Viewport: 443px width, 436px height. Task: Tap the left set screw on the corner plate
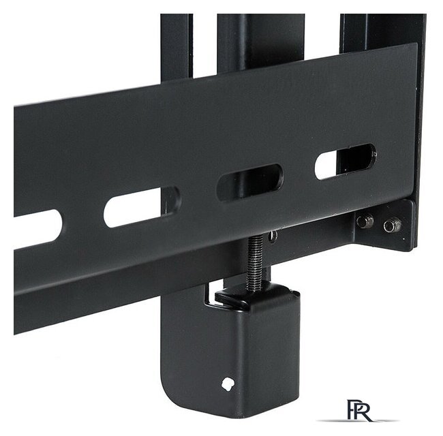(x=365, y=221)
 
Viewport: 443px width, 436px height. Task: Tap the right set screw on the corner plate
(x=393, y=225)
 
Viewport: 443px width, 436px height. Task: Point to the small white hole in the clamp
(x=228, y=384)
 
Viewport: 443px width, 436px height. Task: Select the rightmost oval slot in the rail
(x=346, y=162)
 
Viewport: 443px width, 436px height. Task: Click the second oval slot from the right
(x=250, y=183)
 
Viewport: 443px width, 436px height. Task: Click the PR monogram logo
(x=358, y=410)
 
